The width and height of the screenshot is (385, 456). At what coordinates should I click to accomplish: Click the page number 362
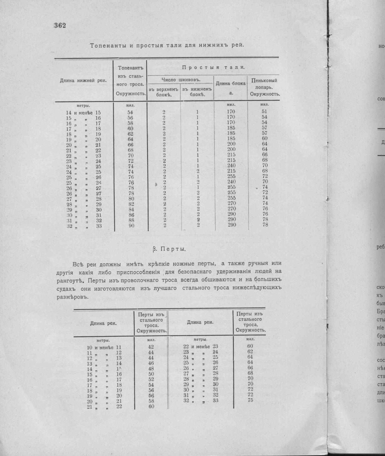(60, 25)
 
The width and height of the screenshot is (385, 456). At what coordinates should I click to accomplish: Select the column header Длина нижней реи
(83, 81)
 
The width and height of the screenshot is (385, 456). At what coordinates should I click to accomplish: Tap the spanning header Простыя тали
(213, 68)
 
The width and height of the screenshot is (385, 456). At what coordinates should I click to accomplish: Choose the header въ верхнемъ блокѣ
(164, 92)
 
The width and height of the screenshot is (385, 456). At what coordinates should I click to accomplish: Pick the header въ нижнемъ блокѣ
(197, 92)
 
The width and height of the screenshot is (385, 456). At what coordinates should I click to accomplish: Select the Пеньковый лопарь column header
(264, 87)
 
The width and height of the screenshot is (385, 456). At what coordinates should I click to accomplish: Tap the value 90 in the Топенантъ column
(131, 226)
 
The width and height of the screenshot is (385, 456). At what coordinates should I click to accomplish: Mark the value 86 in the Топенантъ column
(131, 215)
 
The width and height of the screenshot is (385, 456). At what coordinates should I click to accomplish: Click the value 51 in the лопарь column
(264, 111)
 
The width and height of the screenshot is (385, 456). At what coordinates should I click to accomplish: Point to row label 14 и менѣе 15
(83, 113)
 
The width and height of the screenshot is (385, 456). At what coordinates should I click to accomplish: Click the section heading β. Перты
(169, 249)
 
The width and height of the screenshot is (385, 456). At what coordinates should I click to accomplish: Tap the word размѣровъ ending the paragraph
(72, 297)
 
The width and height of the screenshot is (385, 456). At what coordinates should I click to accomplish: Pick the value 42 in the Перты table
(151, 347)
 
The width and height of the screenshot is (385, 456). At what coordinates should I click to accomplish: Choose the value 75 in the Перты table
(250, 400)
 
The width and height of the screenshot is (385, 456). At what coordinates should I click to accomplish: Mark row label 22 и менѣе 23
(200, 347)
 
